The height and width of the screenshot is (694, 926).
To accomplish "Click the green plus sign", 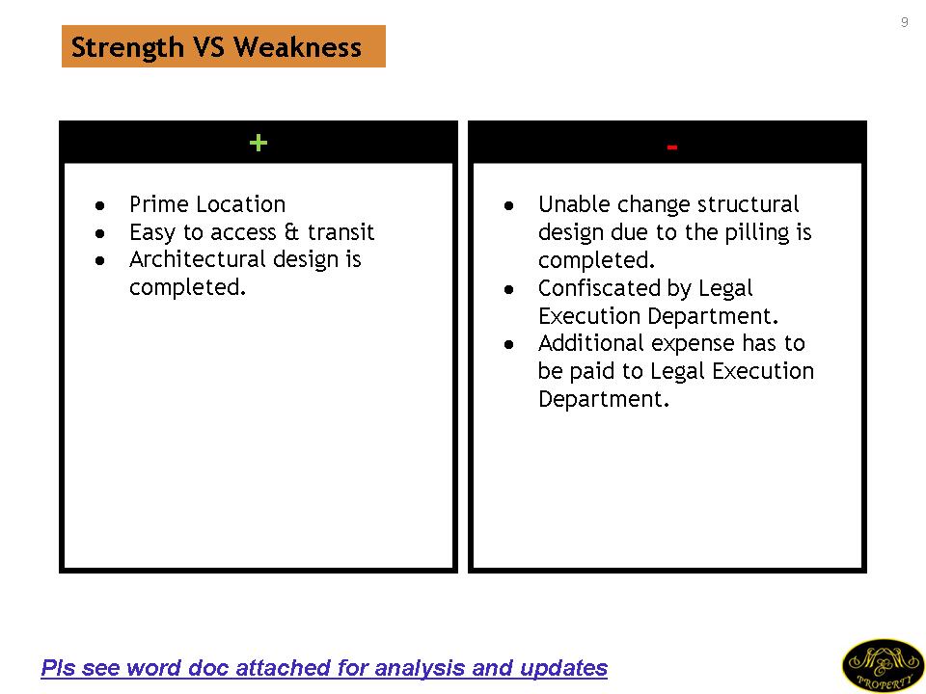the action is (259, 143).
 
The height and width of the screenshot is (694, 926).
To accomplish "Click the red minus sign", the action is (671, 147).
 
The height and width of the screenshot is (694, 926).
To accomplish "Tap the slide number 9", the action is (904, 22).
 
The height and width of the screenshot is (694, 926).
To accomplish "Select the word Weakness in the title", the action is (297, 47).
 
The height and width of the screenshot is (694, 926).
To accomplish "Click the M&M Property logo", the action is (883, 666).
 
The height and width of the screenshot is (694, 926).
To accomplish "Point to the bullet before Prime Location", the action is (99, 206).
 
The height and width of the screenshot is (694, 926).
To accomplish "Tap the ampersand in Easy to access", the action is (291, 231).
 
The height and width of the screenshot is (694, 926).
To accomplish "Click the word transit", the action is (340, 232).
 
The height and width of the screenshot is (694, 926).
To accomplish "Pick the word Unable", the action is (574, 204).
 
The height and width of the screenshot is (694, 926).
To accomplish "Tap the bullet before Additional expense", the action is (509, 345).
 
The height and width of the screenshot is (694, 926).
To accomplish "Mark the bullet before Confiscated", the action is (509, 290).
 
